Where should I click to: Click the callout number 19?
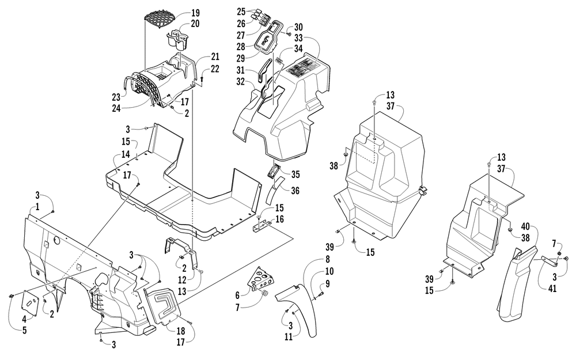point(195,13)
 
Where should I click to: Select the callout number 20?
point(195,24)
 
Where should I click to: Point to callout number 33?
point(298,38)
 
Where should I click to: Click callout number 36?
point(295,191)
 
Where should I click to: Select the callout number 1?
point(37,207)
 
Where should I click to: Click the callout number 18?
point(181,331)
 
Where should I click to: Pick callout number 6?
point(237,295)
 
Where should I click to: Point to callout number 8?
point(327,259)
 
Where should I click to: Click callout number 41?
point(552,289)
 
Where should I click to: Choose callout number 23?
point(116,98)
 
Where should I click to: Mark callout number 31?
point(241,70)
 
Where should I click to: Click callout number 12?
point(183,281)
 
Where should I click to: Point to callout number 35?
point(295,175)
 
